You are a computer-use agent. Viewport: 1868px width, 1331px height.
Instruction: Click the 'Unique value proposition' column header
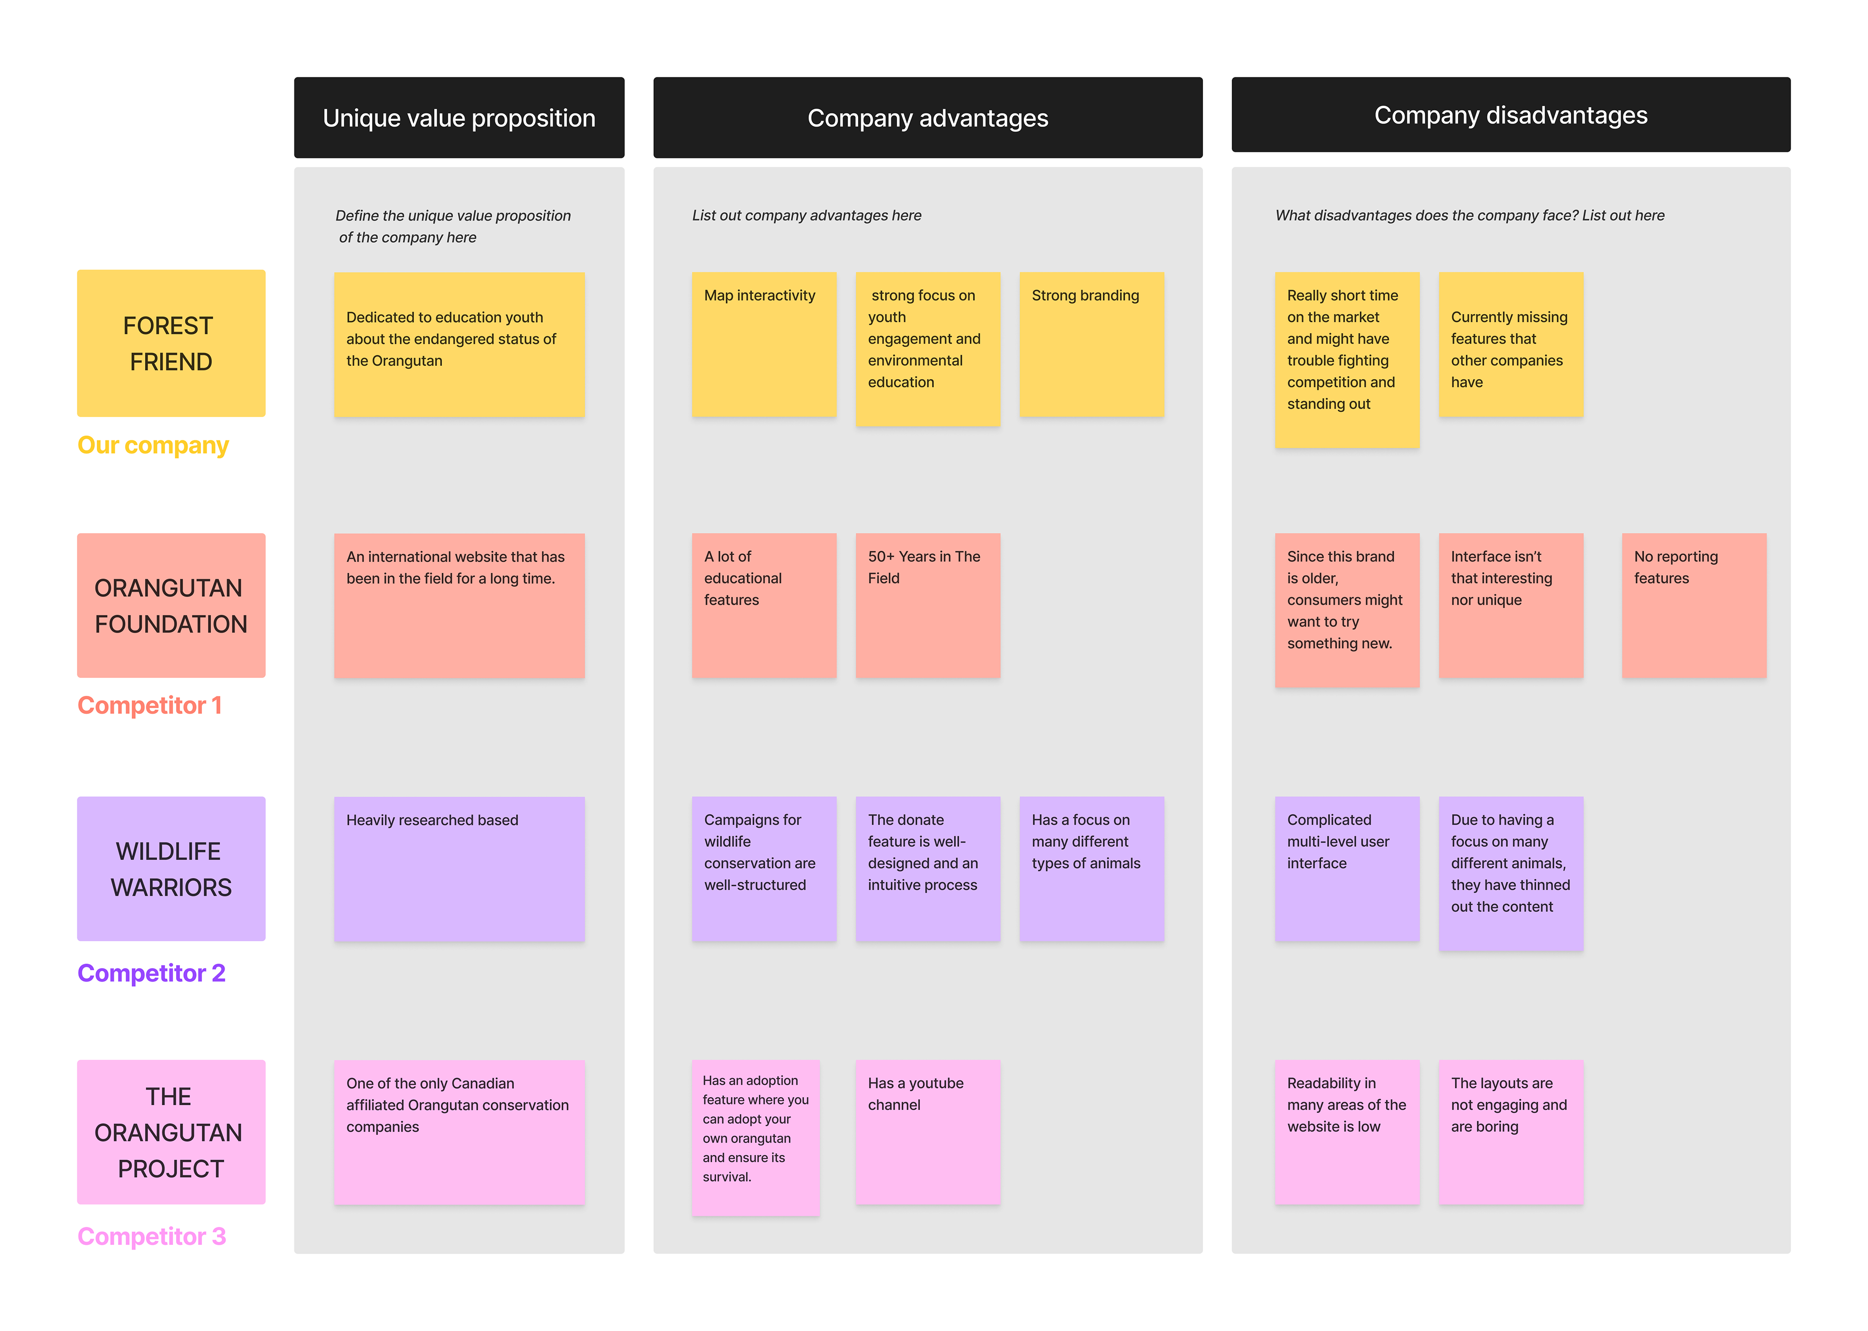(459, 118)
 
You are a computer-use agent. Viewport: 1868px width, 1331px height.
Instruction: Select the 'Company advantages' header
(928, 118)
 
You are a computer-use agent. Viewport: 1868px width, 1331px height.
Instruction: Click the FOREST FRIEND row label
(170, 344)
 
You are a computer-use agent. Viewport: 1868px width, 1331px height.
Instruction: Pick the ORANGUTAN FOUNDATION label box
(170, 606)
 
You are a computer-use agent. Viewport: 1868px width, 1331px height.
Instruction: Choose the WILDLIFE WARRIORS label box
(170, 869)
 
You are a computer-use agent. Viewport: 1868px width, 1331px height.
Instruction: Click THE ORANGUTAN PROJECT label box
(170, 1132)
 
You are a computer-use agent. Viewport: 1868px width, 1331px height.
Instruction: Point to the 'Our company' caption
(152, 445)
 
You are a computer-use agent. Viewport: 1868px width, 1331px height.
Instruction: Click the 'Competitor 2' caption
(151, 973)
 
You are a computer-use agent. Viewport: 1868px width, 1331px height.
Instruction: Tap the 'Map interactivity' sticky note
(764, 344)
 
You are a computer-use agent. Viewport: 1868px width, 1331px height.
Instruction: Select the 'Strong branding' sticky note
(1091, 344)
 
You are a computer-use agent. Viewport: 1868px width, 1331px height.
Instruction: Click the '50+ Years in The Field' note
(928, 606)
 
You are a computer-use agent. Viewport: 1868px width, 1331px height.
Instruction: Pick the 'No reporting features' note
(1693, 606)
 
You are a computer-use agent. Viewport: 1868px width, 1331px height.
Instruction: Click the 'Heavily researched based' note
(459, 869)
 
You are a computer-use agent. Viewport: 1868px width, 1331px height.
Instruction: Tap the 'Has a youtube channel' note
(928, 1132)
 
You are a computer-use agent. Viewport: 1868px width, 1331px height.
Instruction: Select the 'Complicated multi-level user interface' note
(1346, 869)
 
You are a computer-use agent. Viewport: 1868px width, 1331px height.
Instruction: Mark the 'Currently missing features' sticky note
(1510, 344)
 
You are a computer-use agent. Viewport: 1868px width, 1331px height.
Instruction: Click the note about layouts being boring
(1510, 1132)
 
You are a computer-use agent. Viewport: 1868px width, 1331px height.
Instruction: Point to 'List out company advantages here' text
(806, 216)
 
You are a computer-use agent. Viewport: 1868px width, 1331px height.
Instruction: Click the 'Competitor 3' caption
(151, 1236)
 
